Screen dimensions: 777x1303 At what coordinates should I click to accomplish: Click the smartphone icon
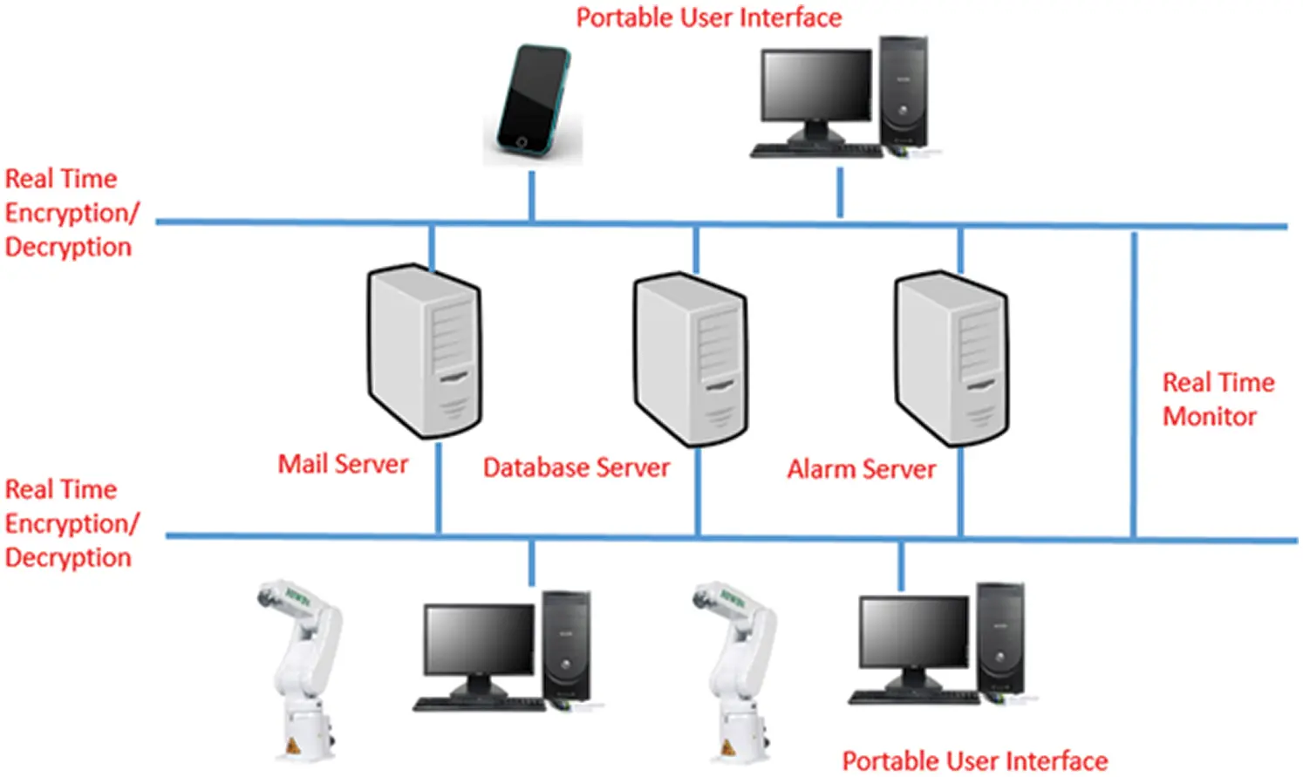(532, 103)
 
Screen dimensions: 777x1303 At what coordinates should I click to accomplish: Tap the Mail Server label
(343, 464)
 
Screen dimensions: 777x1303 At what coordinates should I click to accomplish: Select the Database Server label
(576, 467)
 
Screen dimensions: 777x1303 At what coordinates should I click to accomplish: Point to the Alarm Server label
(861, 469)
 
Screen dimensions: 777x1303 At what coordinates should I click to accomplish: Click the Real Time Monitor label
(1218, 399)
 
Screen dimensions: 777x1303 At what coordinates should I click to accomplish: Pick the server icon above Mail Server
(425, 351)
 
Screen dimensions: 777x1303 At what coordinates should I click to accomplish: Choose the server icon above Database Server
(691, 359)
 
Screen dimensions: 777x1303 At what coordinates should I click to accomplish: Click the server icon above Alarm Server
(952, 358)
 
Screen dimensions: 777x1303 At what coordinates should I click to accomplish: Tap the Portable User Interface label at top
(709, 17)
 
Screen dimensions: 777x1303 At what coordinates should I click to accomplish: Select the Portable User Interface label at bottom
(974, 760)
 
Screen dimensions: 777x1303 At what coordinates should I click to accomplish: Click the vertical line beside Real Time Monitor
(1134, 384)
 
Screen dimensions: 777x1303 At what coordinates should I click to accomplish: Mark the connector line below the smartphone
(532, 195)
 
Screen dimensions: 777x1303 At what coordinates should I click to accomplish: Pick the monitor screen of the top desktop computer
(816, 85)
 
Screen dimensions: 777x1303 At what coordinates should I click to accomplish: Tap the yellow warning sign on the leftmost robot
(292, 746)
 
